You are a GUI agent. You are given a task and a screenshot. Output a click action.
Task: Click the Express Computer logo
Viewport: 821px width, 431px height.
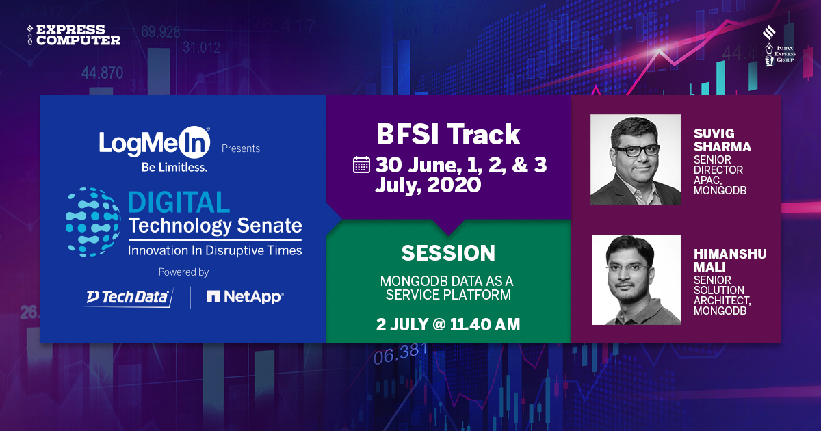73,35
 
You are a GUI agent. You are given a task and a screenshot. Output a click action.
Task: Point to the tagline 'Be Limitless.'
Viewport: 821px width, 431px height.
173,166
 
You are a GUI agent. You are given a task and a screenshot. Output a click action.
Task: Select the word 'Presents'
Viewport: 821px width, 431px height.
241,148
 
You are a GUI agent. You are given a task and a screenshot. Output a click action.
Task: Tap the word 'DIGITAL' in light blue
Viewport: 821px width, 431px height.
179,203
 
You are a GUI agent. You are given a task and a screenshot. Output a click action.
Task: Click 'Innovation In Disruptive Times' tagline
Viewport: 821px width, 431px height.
214,250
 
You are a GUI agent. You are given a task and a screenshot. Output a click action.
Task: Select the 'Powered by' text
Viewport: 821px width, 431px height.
183,272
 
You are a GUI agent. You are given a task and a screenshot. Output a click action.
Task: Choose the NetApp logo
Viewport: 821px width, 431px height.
245,297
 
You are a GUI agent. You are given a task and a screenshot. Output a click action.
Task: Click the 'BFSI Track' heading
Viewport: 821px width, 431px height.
448,135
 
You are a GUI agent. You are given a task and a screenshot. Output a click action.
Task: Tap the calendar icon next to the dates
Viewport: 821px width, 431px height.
361,165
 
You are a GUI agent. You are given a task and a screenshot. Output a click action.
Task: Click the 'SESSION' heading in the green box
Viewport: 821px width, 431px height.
448,253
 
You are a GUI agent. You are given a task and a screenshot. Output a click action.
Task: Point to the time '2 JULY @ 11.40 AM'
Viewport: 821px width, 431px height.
448,324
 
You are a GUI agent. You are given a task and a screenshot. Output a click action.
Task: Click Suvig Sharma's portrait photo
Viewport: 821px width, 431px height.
636,159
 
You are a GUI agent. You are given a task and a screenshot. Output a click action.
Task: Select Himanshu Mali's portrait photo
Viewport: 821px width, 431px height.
636,280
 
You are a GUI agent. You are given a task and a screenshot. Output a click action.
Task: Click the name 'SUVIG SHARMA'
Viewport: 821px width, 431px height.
722,141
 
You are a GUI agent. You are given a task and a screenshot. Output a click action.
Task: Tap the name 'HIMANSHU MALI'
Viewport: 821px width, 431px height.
730,261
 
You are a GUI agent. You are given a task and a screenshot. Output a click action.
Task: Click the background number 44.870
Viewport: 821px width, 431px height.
102,73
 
